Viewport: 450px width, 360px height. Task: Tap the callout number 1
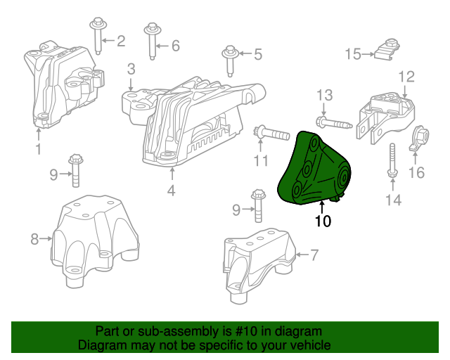[39, 149]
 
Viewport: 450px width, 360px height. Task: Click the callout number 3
[131, 69]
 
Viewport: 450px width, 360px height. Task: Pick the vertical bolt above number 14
[391, 160]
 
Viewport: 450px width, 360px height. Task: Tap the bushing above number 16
[420, 136]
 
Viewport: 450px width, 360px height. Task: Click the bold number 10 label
[323, 221]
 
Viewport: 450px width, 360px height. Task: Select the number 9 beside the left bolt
[53, 174]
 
